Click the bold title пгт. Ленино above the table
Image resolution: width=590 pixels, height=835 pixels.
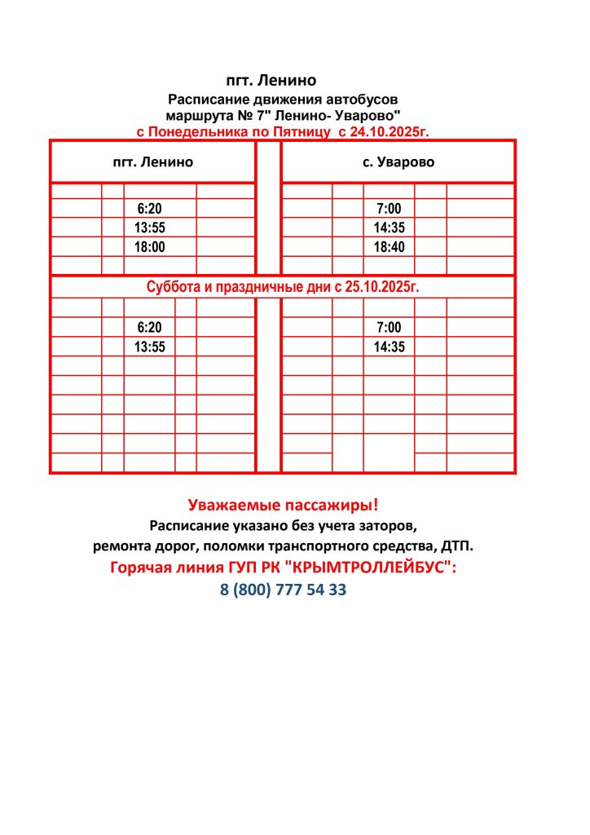[270, 81]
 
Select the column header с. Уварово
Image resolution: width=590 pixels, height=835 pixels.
[398, 161]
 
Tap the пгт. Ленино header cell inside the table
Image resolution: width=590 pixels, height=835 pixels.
[153, 161]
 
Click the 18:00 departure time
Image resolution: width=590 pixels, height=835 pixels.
[150, 247]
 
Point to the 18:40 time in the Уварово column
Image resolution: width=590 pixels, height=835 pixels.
[389, 247]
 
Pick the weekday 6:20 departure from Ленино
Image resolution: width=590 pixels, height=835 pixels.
[150, 208]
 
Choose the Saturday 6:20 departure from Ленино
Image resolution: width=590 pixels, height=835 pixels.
[150, 327]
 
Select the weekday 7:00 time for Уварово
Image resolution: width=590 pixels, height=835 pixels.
[389, 208]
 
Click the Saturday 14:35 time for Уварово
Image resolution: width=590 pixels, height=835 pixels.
[389, 347]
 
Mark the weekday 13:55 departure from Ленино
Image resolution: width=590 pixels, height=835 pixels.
[150, 228]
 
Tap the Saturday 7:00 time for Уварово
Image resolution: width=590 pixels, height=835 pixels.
[389, 327]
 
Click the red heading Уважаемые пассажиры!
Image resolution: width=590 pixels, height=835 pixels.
[283, 504]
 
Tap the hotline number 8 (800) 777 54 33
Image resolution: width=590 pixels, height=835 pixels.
[283, 590]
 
